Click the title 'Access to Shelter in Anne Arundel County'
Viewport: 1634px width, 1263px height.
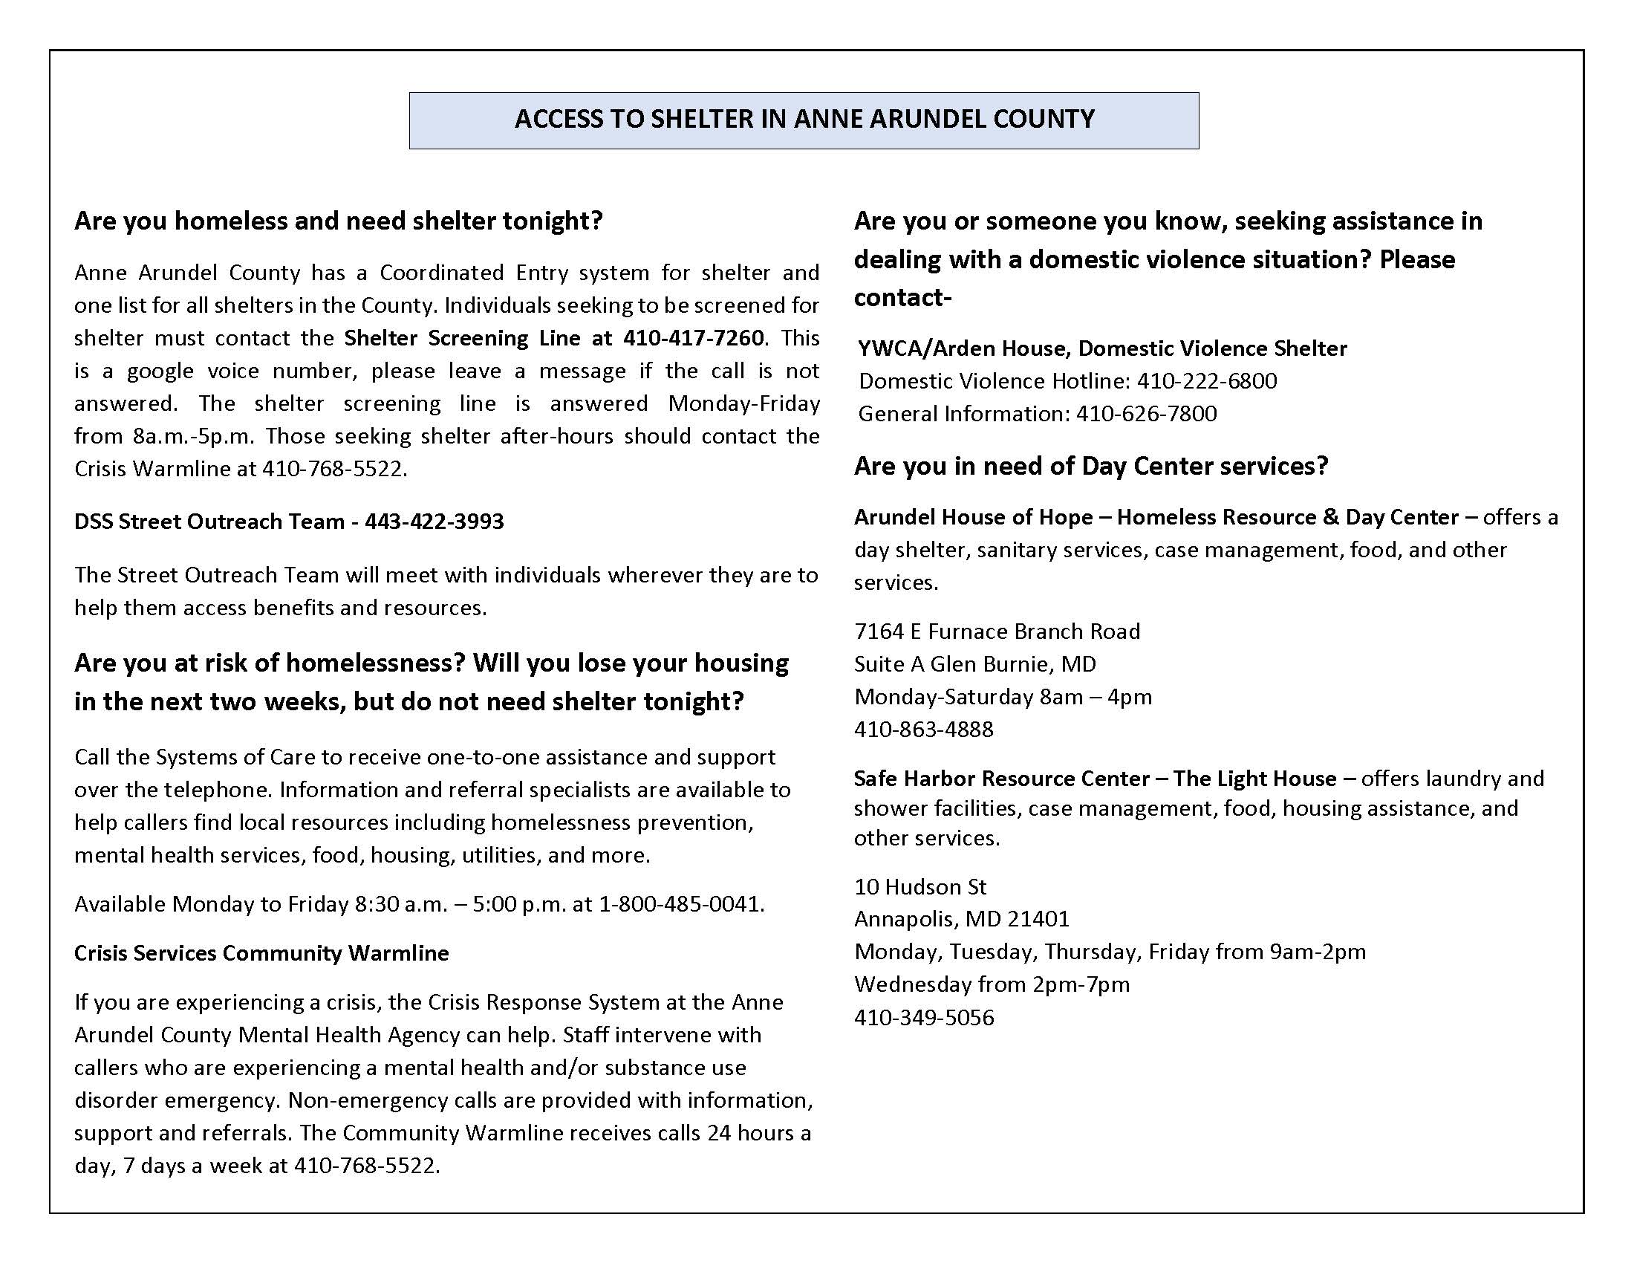click(x=804, y=119)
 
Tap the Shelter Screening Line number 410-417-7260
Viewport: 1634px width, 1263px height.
click(x=694, y=338)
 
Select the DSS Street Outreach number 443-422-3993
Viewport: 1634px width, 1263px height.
click(x=434, y=521)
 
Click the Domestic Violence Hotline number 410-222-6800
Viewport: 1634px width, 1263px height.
click(x=1207, y=381)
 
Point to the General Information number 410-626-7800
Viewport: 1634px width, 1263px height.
click(x=1146, y=414)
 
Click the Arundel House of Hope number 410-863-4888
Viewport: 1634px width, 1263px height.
click(x=923, y=729)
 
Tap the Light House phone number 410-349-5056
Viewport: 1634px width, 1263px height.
click(x=923, y=1017)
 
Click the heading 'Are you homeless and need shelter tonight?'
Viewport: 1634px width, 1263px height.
click(x=338, y=221)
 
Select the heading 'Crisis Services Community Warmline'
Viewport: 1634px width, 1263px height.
click(x=261, y=952)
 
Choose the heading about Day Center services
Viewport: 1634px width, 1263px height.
click(x=1091, y=465)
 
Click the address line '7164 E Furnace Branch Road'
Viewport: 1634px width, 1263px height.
click(x=997, y=631)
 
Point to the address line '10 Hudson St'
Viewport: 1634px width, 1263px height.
click(x=919, y=886)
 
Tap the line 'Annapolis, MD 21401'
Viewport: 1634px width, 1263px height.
click(x=961, y=918)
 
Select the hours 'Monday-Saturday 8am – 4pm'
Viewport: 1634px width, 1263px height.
click(x=1003, y=697)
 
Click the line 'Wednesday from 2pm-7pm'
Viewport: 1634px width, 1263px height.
click(x=992, y=984)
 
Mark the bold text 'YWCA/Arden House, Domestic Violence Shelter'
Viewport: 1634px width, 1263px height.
click(x=1102, y=348)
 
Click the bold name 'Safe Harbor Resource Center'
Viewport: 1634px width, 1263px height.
click(x=1001, y=778)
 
